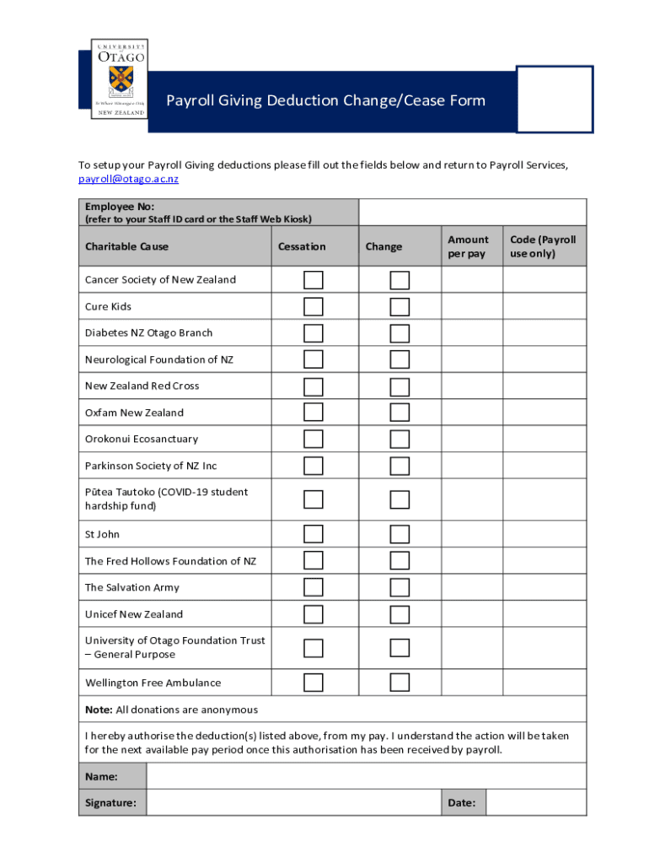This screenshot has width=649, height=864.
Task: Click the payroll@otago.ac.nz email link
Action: tap(128, 179)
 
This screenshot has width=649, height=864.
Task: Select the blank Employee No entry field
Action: tap(472, 212)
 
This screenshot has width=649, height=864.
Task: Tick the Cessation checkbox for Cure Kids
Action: tap(314, 306)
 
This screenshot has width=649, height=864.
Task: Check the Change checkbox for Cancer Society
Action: tap(400, 280)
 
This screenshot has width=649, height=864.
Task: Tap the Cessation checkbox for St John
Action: tap(314, 534)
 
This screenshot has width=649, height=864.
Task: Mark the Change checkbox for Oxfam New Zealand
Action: tap(400, 413)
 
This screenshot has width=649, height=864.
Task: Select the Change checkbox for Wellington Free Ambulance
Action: tap(400, 682)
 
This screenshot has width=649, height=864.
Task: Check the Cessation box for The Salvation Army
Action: tap(314, 587)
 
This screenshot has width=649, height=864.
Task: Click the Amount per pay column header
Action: tap(468, 246)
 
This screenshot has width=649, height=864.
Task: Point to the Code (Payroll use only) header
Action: tap(544, 246)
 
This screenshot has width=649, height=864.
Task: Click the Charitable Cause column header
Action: tap(126, 246)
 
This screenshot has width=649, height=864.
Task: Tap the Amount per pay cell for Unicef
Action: tap(471, 614)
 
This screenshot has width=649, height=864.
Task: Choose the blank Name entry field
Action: tap(366, 776)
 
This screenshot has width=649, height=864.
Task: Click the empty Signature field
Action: tap(293, 802)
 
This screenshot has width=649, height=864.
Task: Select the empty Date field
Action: tap(536, 802)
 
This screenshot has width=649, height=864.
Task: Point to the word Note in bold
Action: tap(99, 710)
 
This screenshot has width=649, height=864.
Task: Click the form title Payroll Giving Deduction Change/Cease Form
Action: tap(325, 101)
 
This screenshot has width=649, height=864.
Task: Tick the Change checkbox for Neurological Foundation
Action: tap(400, 359)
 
